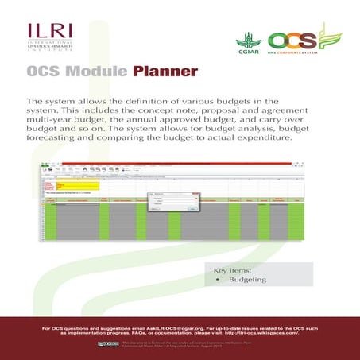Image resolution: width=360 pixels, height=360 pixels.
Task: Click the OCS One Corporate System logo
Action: [x=297, y=41]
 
